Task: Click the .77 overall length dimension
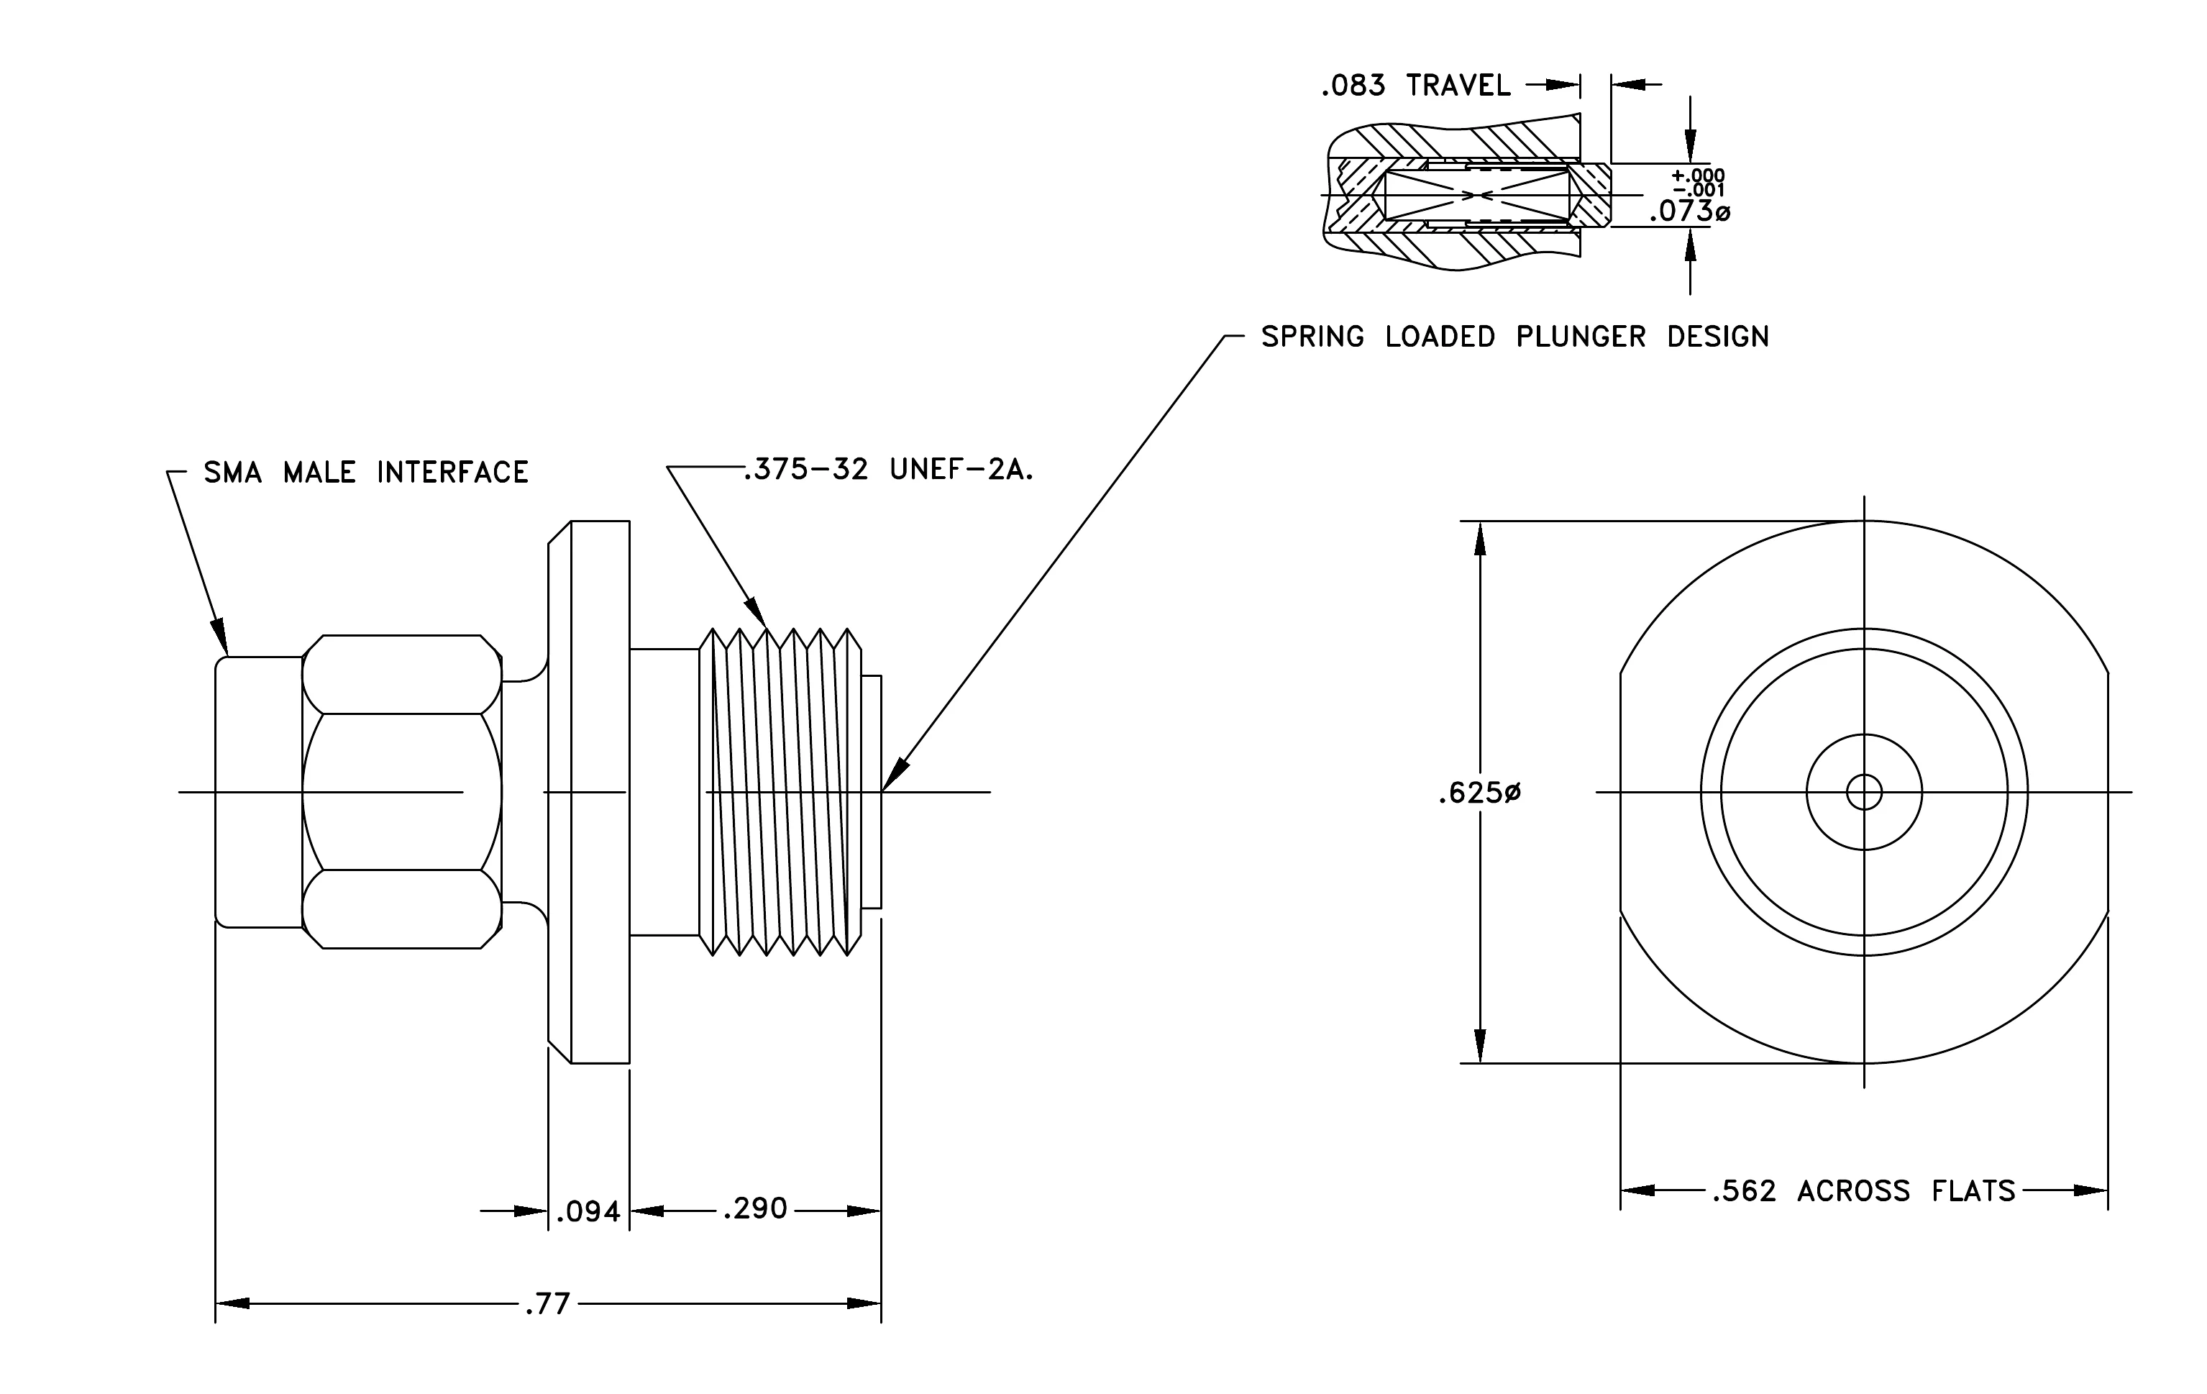point(548,1303)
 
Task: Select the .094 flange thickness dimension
point(588,1213)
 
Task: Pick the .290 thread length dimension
point(755,1209)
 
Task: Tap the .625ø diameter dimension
point(1479,793)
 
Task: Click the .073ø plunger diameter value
point(1689,211)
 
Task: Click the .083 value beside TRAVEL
point(1353,86)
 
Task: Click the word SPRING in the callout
point(1312,337)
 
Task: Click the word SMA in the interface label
point(233,472)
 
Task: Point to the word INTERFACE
point(453,472)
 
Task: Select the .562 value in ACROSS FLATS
point(1743,1190)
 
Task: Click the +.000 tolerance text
point(1697,175)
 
